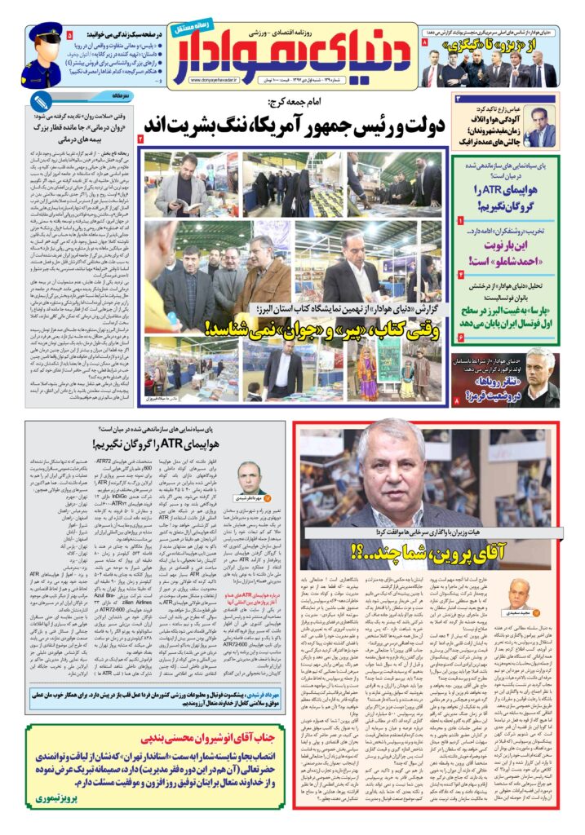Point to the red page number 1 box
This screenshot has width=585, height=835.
click(x=461, y=221)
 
